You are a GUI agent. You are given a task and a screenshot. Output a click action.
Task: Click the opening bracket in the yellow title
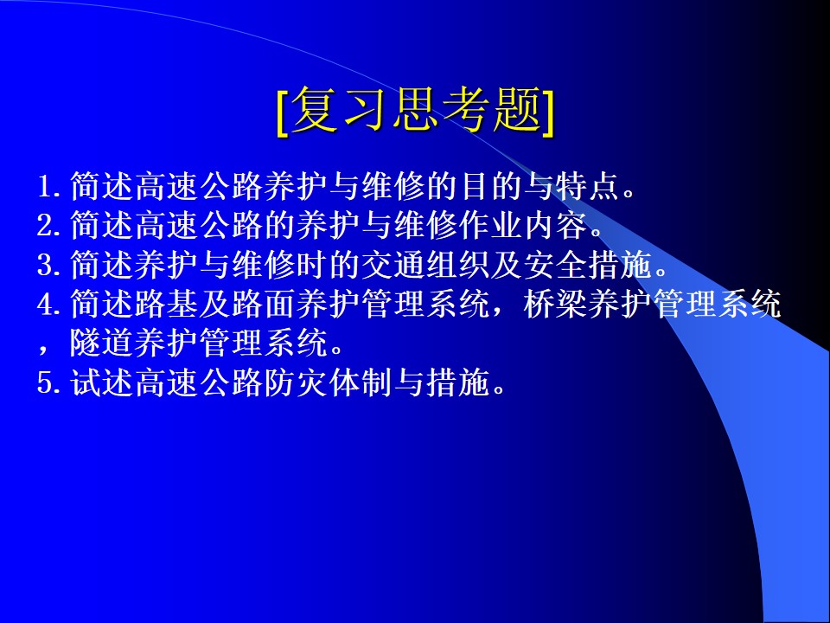click(282, 112)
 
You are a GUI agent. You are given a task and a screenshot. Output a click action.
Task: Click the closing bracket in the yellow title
click(548, 112)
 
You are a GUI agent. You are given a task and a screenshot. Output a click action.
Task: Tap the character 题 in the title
click(517, 110)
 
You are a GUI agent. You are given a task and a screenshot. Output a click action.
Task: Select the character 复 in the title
click(316, 110)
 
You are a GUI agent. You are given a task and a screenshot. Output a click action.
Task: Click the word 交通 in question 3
click(393, 265)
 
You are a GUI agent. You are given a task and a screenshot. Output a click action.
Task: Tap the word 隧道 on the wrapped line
click(102, 344)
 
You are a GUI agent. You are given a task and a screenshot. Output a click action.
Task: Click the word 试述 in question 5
click(102, 382)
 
